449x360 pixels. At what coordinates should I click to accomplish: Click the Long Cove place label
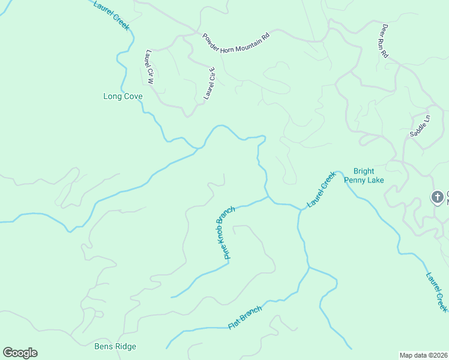[123, 96]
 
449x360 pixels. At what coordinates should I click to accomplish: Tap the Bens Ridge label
[115, 346]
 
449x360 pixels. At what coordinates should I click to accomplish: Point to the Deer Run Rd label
[385, 41]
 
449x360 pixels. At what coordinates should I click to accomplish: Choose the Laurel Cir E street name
[209, 84]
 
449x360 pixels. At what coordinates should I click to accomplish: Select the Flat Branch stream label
[245, 317]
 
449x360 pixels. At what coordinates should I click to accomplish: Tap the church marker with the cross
[438, 196]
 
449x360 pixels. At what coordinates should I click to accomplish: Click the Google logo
[20, 352]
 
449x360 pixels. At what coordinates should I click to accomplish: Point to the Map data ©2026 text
[423, 355]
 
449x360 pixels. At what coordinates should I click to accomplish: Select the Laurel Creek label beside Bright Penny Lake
[321, 190]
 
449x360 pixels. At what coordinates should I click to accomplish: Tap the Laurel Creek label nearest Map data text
[436, 292]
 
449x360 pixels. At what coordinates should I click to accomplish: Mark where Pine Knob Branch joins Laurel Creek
[267, 196]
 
